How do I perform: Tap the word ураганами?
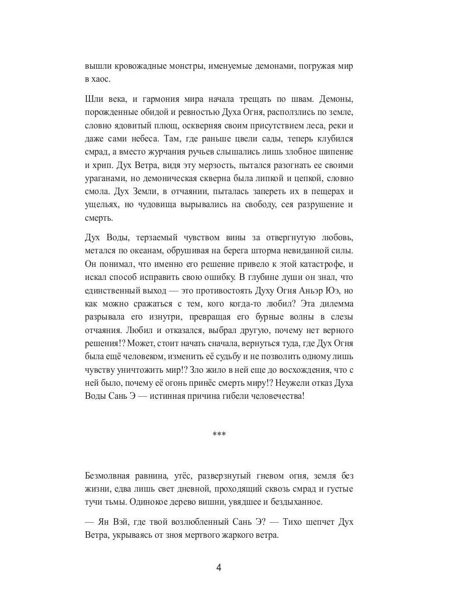108,178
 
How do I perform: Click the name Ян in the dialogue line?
104,522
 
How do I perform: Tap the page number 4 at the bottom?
219,568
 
